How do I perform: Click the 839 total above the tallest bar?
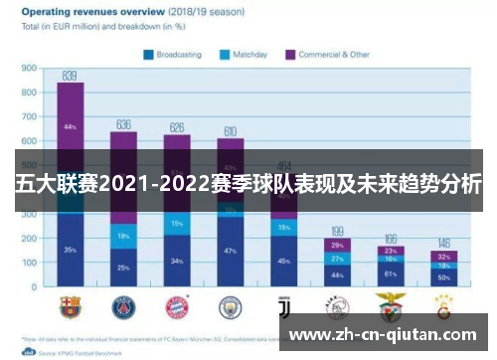(x=70, y=75)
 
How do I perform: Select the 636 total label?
(x=123, y=124)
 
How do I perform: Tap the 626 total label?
(x=177, y=127)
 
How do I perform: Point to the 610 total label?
(x=230, y=131)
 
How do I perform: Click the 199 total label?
(x=337, y=231)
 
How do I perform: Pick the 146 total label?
(x=443, y=244)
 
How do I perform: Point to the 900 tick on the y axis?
(x=28, y=69)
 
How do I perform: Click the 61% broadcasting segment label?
(x=391, y=273)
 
